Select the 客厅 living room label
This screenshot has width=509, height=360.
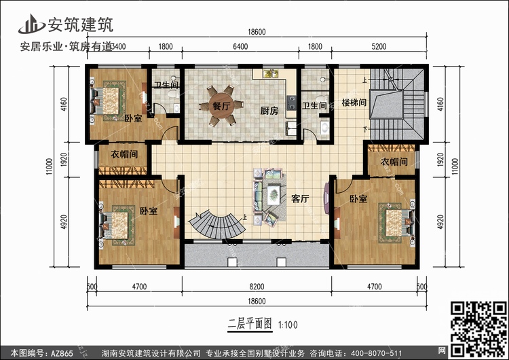[x=300, y=199]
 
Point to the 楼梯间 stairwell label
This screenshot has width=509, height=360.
[x=354, y=104]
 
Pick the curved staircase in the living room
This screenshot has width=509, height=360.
[x=215, y=225]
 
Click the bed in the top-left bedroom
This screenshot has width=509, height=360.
[x=108, y=100]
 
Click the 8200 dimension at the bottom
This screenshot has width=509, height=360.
[x=257, y=287]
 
